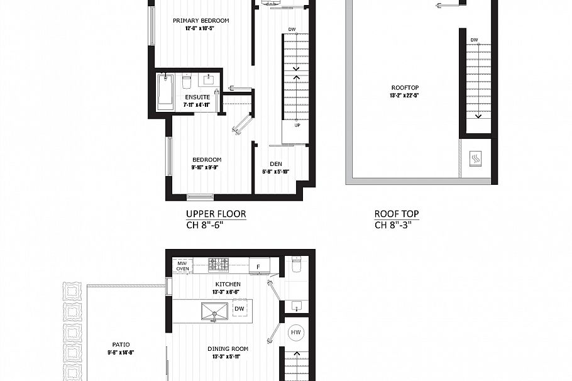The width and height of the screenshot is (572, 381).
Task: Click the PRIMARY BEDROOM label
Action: pyautogui.click(x=201, y=21)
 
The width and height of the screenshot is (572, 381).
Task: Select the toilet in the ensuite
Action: pyautogui.click(x=186, y=82)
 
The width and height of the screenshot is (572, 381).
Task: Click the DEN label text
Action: pyautogui.click(x=275, y=164)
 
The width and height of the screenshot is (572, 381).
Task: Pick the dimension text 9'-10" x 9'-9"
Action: pyautogui.click(x=206, y=168)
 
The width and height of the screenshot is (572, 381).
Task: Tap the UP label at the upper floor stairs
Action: pyautogui.click(x=297, y=125)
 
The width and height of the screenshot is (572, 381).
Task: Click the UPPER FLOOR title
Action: pyautogui.click(x=216, y=214)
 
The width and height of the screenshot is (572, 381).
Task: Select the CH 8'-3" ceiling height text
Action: pyautogui.click(x=396, y=225)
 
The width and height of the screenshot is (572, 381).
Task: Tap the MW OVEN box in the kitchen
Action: pyautogui.click(x=182, y=266)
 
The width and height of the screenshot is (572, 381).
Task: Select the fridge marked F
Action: pyautogui.click(x=258, y=267)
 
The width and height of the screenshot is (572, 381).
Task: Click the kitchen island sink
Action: pyautogui.click(x=216, y=311)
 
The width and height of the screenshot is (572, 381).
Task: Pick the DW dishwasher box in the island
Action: pyautogui.click(x=239, y=309)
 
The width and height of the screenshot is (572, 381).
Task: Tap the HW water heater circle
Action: pyautogui.click(x=295, y=333)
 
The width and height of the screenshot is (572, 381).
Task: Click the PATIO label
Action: pyautogui.click(x=121, y=345)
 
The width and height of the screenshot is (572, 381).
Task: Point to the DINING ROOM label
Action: pyautogui.click(x=228, y=349)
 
